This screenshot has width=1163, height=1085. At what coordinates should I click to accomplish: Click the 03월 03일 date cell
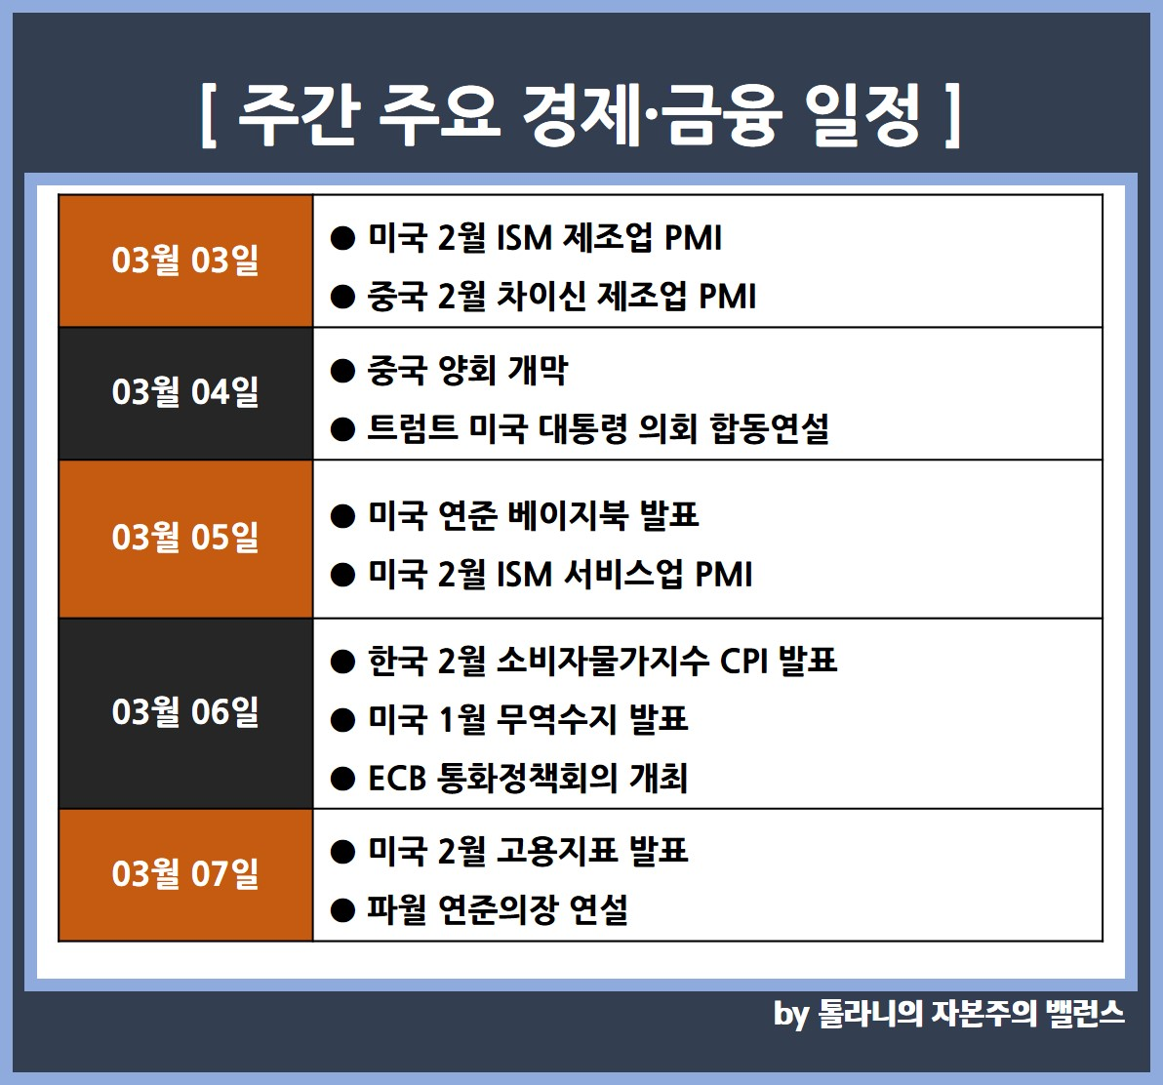(185, 261)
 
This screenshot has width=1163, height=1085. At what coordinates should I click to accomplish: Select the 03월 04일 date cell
(185, 393)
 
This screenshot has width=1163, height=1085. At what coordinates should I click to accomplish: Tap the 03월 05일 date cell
(185, 539)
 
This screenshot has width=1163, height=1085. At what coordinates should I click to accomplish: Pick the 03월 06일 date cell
(185, 712)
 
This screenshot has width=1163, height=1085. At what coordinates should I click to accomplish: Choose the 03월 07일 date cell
(185, 874)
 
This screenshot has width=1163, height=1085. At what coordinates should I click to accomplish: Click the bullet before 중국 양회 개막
(342, 370)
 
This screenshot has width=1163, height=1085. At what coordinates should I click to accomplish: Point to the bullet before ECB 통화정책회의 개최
(342, 779)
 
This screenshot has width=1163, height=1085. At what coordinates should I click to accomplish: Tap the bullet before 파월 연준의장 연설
(342, 910)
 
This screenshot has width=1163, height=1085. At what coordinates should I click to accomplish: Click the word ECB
(397, 779)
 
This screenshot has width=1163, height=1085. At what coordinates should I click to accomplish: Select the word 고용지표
(556, 850)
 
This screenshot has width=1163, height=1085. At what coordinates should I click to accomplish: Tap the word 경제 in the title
(580, 115)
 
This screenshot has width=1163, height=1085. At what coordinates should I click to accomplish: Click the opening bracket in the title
(209, 115)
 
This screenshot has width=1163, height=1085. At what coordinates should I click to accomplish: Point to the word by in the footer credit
(790, 1015)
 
